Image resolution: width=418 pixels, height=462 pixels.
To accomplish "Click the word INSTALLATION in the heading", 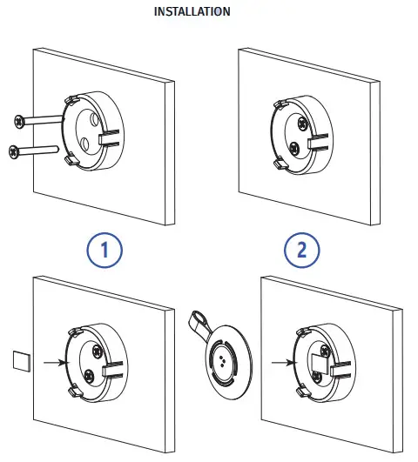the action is click(x=192, y=11).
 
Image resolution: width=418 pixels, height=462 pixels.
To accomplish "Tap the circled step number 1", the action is click(x=104, y=251).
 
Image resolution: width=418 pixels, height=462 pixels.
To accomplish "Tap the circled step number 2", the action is click(x=302, y=251).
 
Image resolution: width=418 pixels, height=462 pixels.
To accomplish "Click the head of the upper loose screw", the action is click(x=19, y=121).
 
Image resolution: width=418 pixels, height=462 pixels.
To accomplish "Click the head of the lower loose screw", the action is click(x=14, y=151).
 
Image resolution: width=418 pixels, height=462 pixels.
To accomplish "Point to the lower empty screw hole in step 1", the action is click(x=84, y=144).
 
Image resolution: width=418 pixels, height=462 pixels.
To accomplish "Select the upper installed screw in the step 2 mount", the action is click(x=303, y=124).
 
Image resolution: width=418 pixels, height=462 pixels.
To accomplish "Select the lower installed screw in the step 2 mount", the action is click(x=293, y=148).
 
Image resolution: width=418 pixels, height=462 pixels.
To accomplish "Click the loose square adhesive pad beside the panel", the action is click(x=22, y=361).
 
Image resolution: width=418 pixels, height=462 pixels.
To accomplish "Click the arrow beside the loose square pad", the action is click(x=56, y=362).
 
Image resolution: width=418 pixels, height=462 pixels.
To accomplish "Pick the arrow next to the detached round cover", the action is click(x=283, y=363).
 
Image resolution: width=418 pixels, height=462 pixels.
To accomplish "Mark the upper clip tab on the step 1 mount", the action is click(x=71, y=99).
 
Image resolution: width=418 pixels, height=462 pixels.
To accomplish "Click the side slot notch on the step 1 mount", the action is click(x=110, y=137).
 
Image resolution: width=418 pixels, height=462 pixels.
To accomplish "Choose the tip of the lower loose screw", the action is click(x=57, y=149).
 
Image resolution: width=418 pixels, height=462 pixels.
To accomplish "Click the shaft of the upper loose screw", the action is click(x=44, y=119).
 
